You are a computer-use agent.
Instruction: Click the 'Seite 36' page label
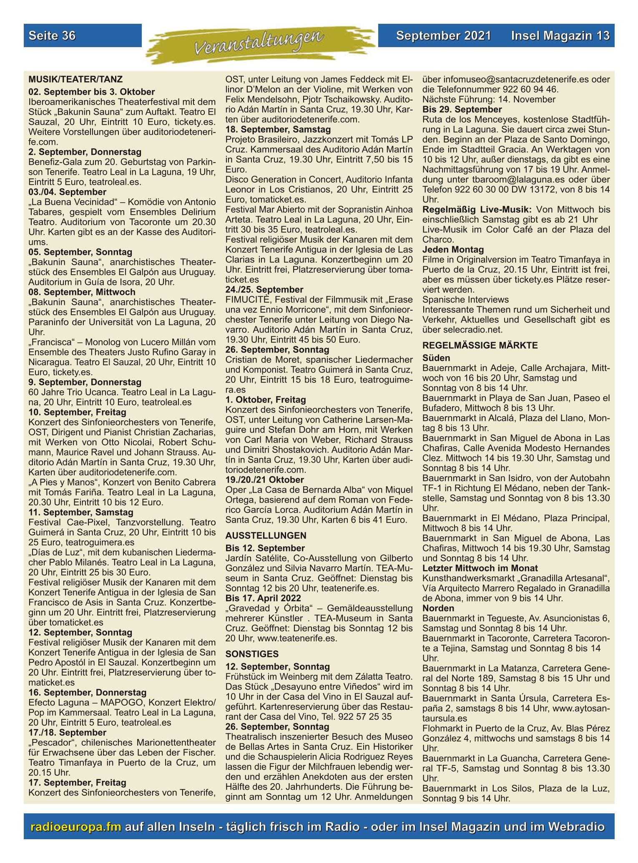point(52,35)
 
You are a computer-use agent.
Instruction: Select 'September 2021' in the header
point(443,35)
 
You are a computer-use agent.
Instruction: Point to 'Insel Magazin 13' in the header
point(560,35)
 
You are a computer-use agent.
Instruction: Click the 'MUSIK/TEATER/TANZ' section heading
point(75,79)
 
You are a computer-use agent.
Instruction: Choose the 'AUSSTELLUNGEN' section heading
point(266,535)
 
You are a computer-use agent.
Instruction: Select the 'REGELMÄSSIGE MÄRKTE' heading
point(480,345)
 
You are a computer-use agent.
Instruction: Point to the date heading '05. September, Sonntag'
point(80,252)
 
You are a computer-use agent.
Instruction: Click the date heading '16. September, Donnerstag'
point(87,692)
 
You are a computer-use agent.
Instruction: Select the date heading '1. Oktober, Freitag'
point(266,400)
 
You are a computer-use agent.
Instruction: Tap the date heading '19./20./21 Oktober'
point(264,480)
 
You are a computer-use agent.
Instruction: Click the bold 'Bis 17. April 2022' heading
point(263,598)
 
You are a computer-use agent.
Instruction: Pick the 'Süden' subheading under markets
point(436,358)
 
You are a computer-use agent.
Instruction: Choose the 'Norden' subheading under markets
point(438,608)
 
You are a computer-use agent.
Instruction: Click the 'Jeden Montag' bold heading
point(453,249)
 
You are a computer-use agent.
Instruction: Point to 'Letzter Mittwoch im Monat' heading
point(480,568)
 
